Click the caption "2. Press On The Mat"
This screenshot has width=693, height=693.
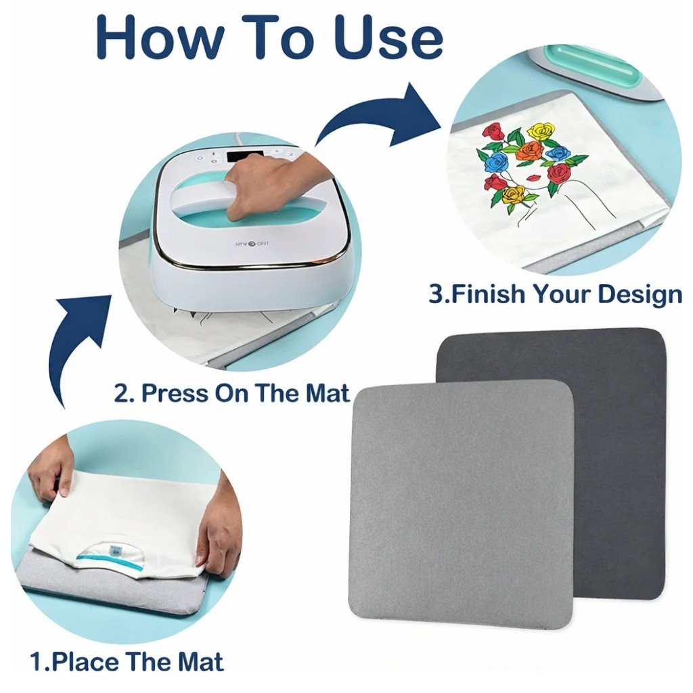(232, 393)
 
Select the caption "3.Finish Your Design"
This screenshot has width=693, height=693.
(556, 294)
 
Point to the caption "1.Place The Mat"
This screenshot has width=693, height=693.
(127, 661)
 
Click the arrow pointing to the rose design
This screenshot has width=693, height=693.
(380, 116)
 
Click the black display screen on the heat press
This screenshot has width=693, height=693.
(245, 156)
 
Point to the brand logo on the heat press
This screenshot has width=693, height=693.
(252, 244)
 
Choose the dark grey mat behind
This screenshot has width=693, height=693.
(619, 442)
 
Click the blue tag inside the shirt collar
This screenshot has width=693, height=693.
(116, 551)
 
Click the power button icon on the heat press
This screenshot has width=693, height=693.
(200, 158)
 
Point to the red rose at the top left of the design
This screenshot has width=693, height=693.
(493, 132)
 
